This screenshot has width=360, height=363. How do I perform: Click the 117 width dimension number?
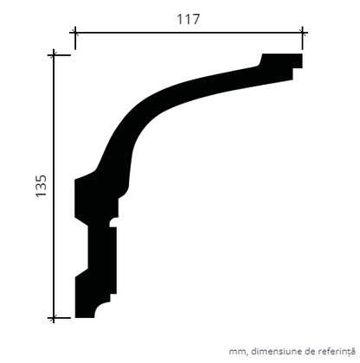coord(188,19)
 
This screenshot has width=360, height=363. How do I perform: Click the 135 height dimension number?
coord(41,186)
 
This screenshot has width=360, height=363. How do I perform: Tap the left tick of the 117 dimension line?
coord(75,33)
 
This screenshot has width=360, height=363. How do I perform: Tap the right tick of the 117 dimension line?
coord(302,33)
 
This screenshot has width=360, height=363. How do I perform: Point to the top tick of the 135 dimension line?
coord(54,54)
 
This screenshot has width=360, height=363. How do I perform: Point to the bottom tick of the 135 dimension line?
coord(54,318)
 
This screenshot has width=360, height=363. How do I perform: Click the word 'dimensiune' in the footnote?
coord(276,352)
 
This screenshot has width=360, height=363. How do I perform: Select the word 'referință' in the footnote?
coord(337,352)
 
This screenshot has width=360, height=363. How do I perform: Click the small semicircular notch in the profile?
coord(113,222)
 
